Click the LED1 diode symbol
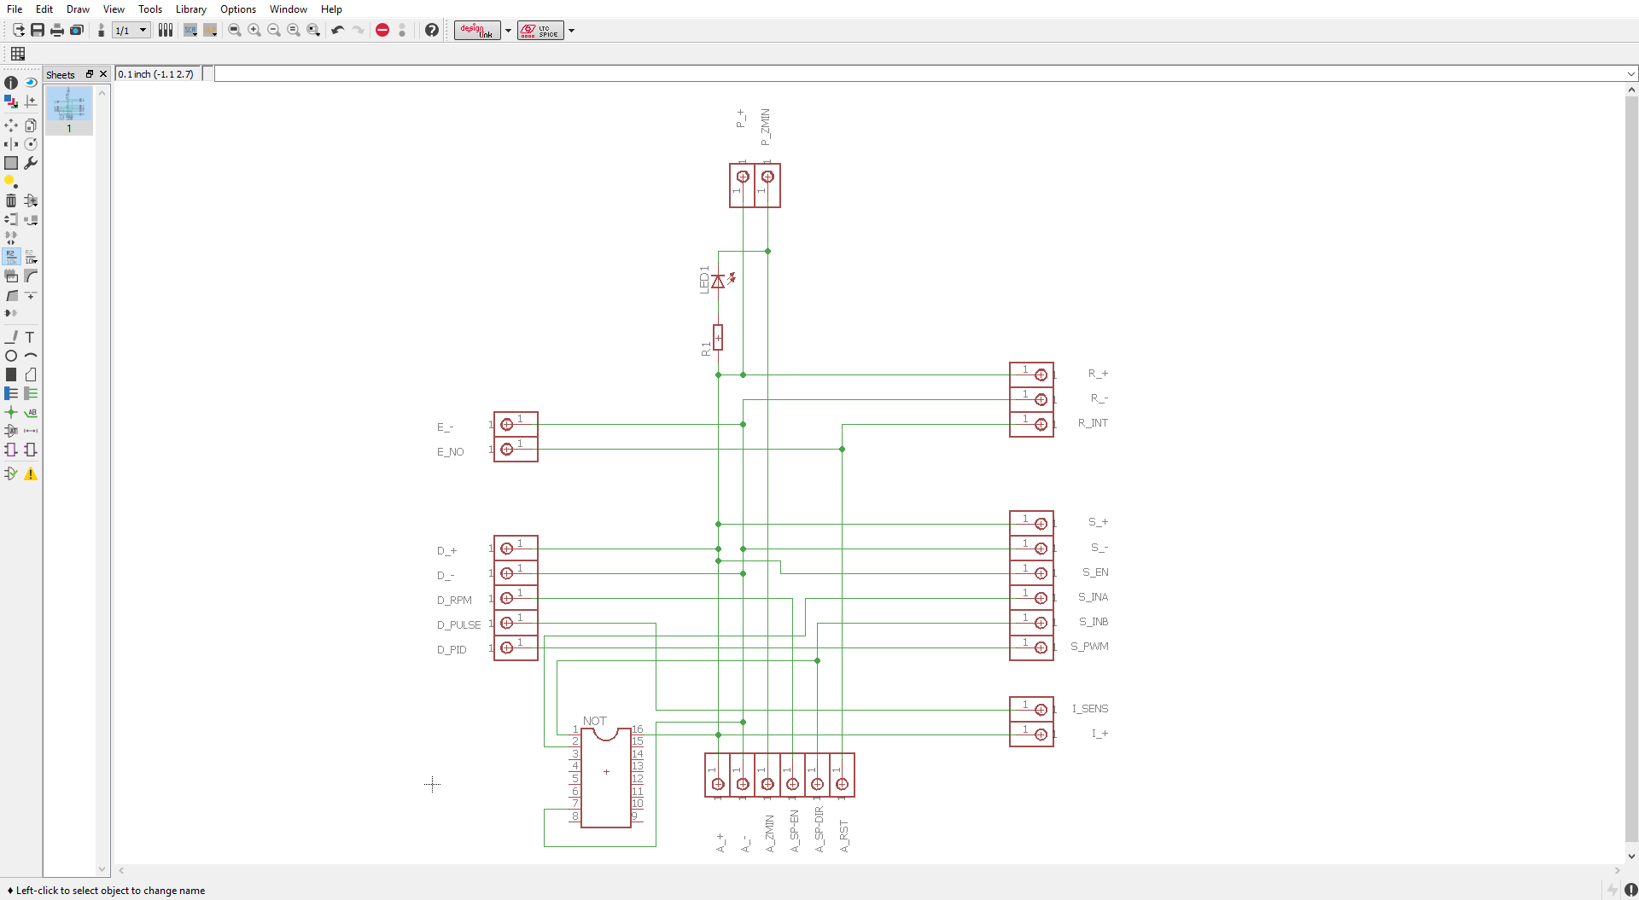718,282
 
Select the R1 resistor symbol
718,338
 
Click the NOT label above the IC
594,721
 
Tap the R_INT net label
1092,423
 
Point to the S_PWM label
1089,647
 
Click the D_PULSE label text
458,625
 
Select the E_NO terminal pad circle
507,450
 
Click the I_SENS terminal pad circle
1041,710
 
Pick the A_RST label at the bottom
844,836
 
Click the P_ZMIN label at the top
765,126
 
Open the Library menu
190,9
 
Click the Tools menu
150,9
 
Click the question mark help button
432,30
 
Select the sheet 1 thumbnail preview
69,105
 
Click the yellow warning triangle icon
31,474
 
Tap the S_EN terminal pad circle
1041,573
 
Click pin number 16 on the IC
638,729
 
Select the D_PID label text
452,650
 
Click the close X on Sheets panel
103,74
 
